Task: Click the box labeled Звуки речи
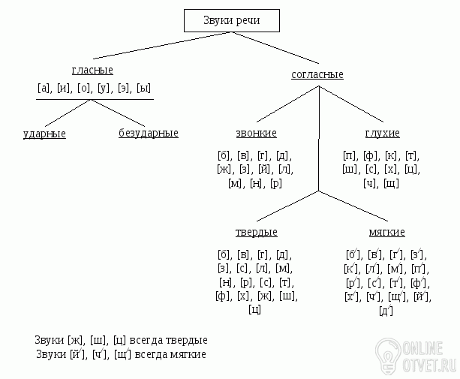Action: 232,21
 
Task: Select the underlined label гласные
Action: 92,70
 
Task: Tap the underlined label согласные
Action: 317,74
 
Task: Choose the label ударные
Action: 44,134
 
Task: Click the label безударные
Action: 148,134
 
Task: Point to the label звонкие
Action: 256,133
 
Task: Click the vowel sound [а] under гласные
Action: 44,88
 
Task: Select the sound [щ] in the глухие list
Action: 391,183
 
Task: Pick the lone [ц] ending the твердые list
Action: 254,309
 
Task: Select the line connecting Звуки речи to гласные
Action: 143,47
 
